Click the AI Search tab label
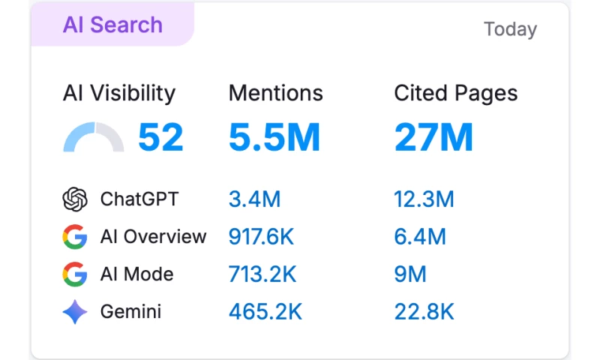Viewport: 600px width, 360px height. [x=112, y=25]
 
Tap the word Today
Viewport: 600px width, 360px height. [x=510, y=29]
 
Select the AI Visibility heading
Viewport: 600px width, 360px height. [x=119, y=93]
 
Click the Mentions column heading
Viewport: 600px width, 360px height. [x=276, y=93]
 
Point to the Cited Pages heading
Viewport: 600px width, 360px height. [x=456, y=93]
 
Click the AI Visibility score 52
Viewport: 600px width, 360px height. [x=160, y=137]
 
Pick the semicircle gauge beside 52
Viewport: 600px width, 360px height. [x=93, y=138]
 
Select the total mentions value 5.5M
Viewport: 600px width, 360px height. [x=274, y=137]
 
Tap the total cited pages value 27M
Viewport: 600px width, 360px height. [x=433, y=137]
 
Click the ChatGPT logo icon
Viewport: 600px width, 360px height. [x=75, y=199]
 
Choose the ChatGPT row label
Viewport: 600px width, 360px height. [x=139, y=199]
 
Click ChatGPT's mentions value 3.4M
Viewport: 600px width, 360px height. [x=254, y=199]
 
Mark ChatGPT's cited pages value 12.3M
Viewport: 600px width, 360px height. [x=424, y=199]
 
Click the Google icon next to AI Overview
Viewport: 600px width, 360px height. [x=75, y=237]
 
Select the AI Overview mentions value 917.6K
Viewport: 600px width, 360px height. [x=261, y=237]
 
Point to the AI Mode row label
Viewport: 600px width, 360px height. [x=136, y=274]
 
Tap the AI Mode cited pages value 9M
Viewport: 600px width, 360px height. [x=410, y=274]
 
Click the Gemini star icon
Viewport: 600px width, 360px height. [x=75, y=312]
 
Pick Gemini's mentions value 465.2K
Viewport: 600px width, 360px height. [x=265, y=312]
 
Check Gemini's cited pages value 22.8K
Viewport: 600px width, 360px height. [x=424, y=312]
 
